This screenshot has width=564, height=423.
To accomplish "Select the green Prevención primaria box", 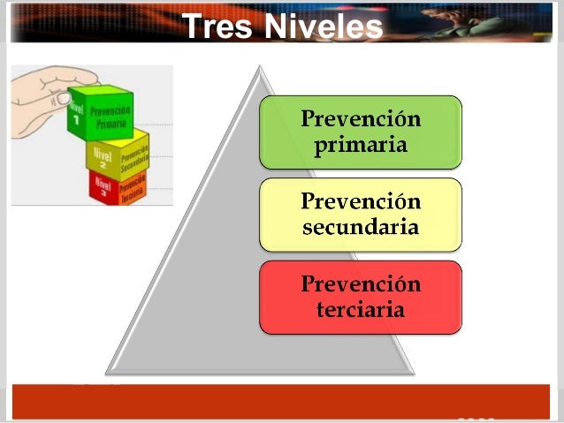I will click(x=360, y=132).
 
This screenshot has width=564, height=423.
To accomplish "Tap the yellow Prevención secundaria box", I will click(x=360, y=215).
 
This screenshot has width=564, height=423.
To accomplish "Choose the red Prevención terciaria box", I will click(x=360, y=297).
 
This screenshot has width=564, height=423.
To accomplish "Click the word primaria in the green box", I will click(x=360, y=145).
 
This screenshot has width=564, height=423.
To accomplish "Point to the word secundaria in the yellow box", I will click(x=360, y=227).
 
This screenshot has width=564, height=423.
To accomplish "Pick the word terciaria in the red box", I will click(x=360, y=309).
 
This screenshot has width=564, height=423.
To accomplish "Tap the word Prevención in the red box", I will click(x=360, y=284).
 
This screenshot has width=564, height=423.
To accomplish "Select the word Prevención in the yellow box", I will click(x=360, y=201).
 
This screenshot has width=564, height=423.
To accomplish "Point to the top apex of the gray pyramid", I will click(x=259, y=67).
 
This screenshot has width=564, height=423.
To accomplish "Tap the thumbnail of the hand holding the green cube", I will click(x=92, y=135).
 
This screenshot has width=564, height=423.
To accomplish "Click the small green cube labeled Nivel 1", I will click(x=101, y=114).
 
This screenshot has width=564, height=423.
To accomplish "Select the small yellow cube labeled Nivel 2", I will click(x=118, y=156).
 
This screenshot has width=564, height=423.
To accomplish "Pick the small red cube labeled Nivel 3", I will click(x=117, y=186).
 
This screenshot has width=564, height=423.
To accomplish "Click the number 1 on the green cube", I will click(x=77, y=121).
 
